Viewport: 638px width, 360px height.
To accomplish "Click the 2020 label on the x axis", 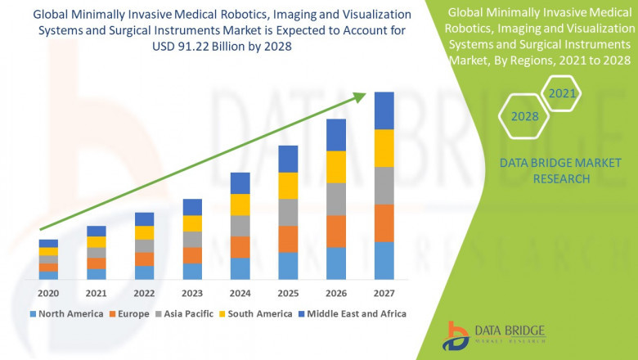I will tap(48, 293).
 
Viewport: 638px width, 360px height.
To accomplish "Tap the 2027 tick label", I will tap(384, 293).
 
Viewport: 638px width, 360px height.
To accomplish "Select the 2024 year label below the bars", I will tap(240, 293).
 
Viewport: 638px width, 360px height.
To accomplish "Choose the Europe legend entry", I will tap(132, 313).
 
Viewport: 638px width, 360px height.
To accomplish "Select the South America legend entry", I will tap(256, 313).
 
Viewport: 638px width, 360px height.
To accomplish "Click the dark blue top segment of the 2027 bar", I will tap(384, 110).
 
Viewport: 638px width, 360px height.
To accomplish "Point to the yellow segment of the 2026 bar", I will tap(336, 167).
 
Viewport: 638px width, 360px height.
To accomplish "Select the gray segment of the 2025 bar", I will tap(288, 212).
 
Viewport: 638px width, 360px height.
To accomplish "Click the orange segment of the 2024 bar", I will tap(240, 247).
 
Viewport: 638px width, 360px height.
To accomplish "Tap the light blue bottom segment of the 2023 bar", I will tap(192, 271).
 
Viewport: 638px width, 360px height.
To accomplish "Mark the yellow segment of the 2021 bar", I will tap(97, 241).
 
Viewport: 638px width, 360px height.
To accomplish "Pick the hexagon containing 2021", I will tap(563, 94).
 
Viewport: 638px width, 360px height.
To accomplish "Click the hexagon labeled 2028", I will tap(524, 116).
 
